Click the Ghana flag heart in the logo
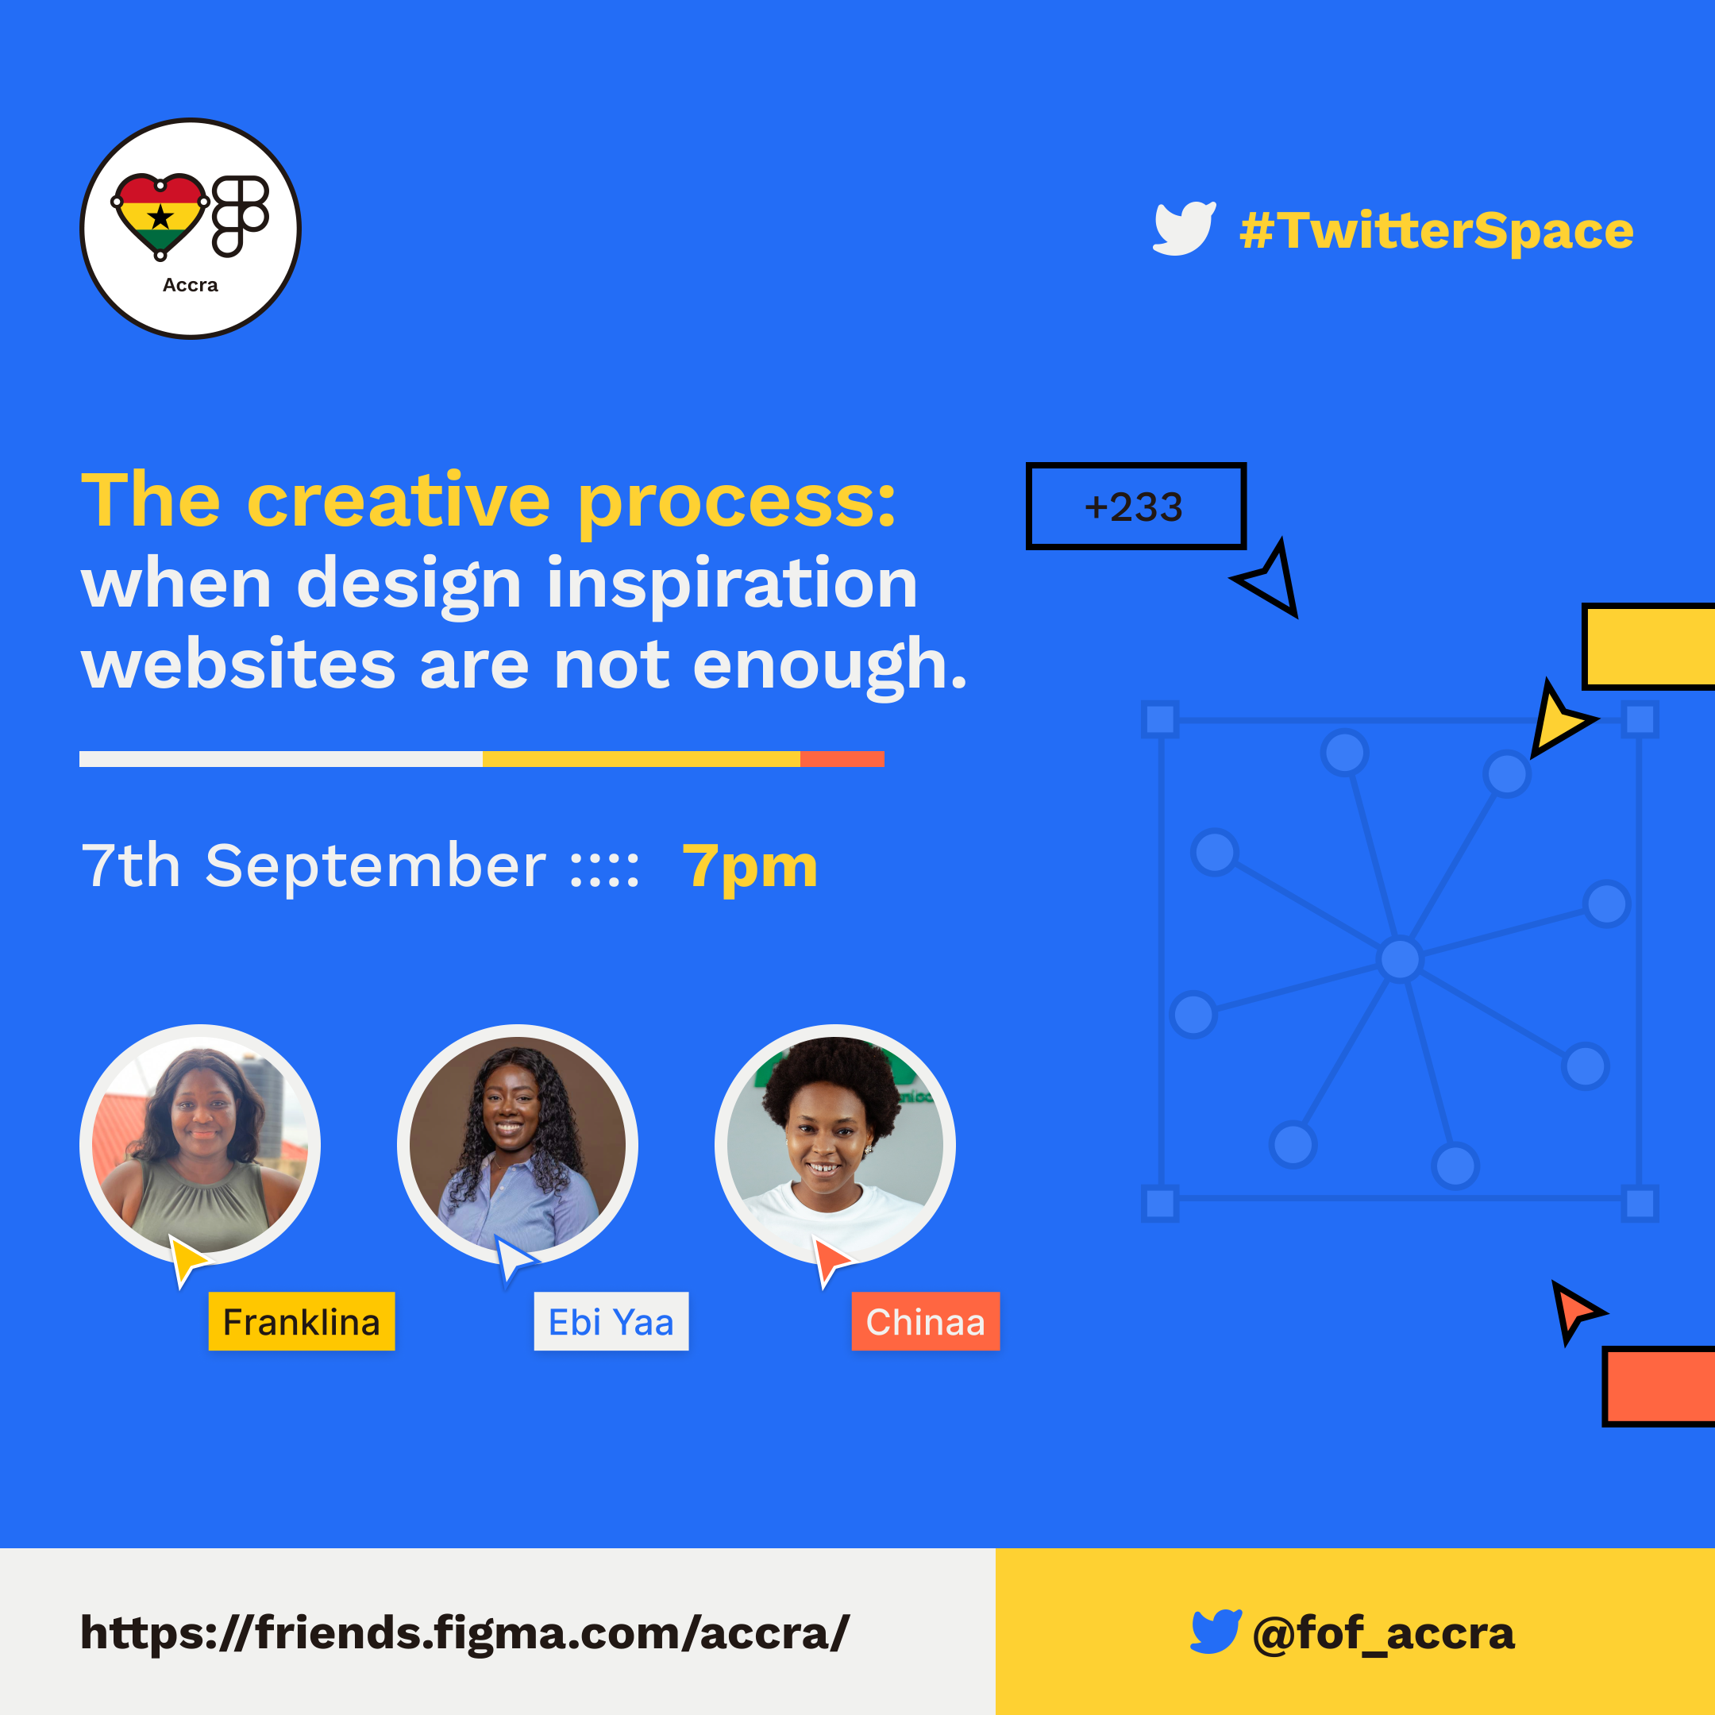click(160, 214)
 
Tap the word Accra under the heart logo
click(190, 285)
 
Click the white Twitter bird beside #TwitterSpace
click(1183, 228)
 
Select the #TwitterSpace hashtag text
click(1436, 231)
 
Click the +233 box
click(1135, 506)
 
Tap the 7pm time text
click(750, 865)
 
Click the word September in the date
click(376, 865)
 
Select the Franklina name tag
click(301, 1321)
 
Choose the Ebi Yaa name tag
click(611, 1321)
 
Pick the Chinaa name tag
click(925, 1321)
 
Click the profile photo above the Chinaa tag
click(834, 1144)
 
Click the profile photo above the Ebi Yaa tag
click(517, 1144)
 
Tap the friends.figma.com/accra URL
click(464, 1633)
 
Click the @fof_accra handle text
click(1382, 1633)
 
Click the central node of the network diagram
click(1400, 958)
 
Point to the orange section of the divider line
click(842, 759)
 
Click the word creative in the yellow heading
click(399, 502)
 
